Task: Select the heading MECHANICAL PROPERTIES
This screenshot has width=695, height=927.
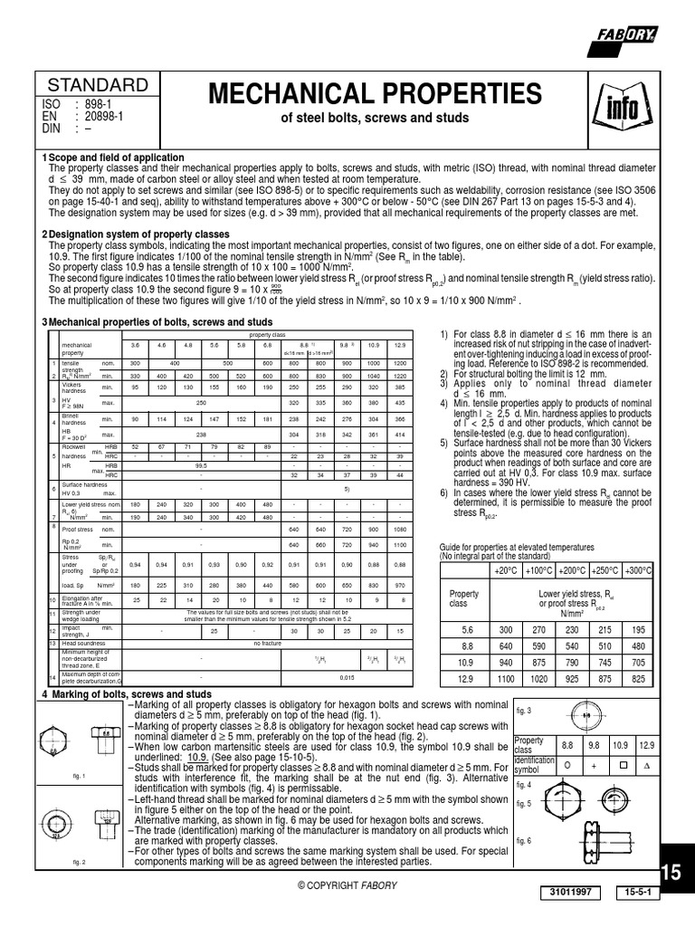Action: click(376, 93)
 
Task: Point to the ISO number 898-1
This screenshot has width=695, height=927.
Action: click(100, 105)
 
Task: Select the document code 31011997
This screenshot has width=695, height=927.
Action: click(570, 892)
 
